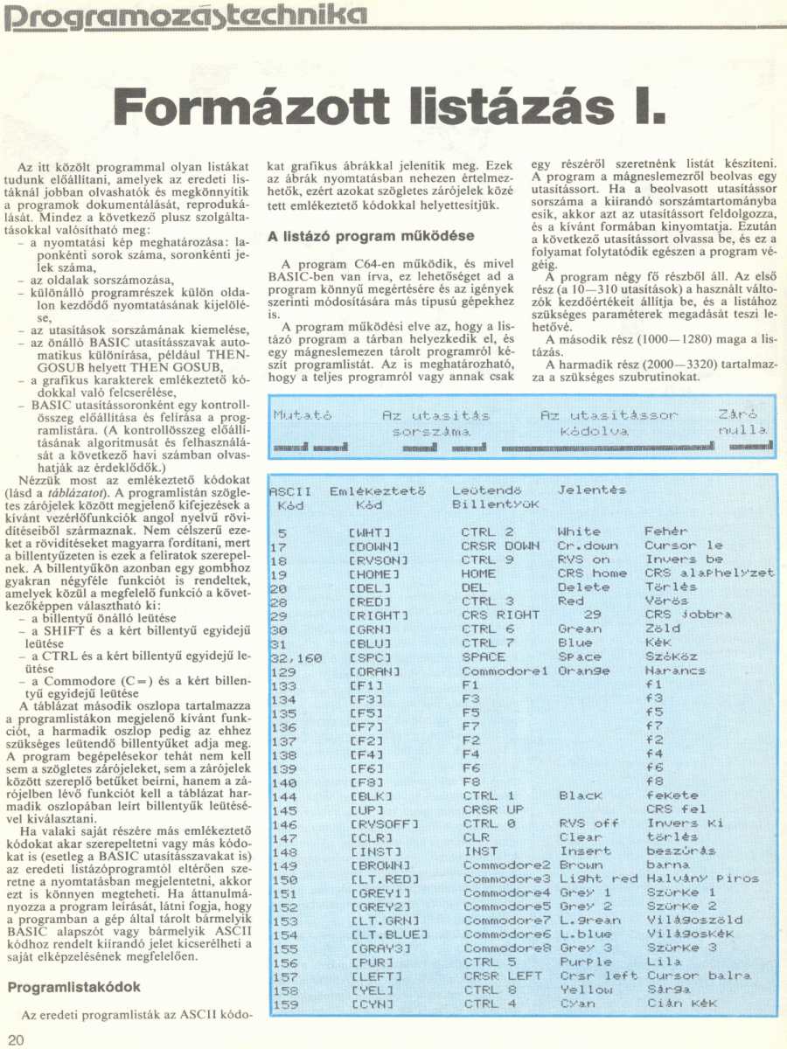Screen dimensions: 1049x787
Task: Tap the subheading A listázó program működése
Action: (x=371, y=236)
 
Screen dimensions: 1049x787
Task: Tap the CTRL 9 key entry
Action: (x=488, y=559)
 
